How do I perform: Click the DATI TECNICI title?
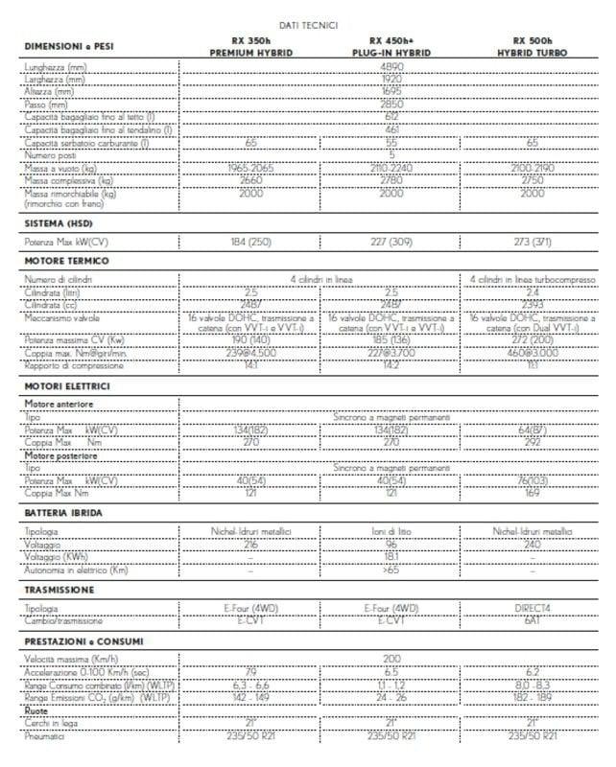307,25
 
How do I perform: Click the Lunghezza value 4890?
391,68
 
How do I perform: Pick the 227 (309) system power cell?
391,243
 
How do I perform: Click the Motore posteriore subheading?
59,456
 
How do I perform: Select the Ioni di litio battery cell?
391,531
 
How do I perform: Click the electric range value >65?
391,570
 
